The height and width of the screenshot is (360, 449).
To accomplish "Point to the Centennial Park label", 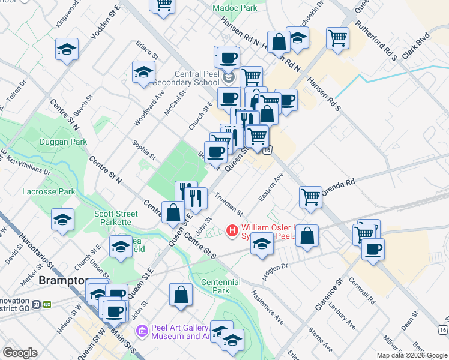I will [x=221, y=286].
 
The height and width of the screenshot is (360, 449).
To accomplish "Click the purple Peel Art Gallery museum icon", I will [x=142, y=331].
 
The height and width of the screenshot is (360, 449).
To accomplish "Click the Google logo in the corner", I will [x=20, y=353].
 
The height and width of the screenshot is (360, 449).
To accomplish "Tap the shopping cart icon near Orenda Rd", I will [x=311, y=196].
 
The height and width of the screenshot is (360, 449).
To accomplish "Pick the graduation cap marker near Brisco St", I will [x=143, y=73].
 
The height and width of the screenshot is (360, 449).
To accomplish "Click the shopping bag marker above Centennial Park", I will [x=181, y=295].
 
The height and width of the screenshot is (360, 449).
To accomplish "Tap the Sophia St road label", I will [x=145, y=151].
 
